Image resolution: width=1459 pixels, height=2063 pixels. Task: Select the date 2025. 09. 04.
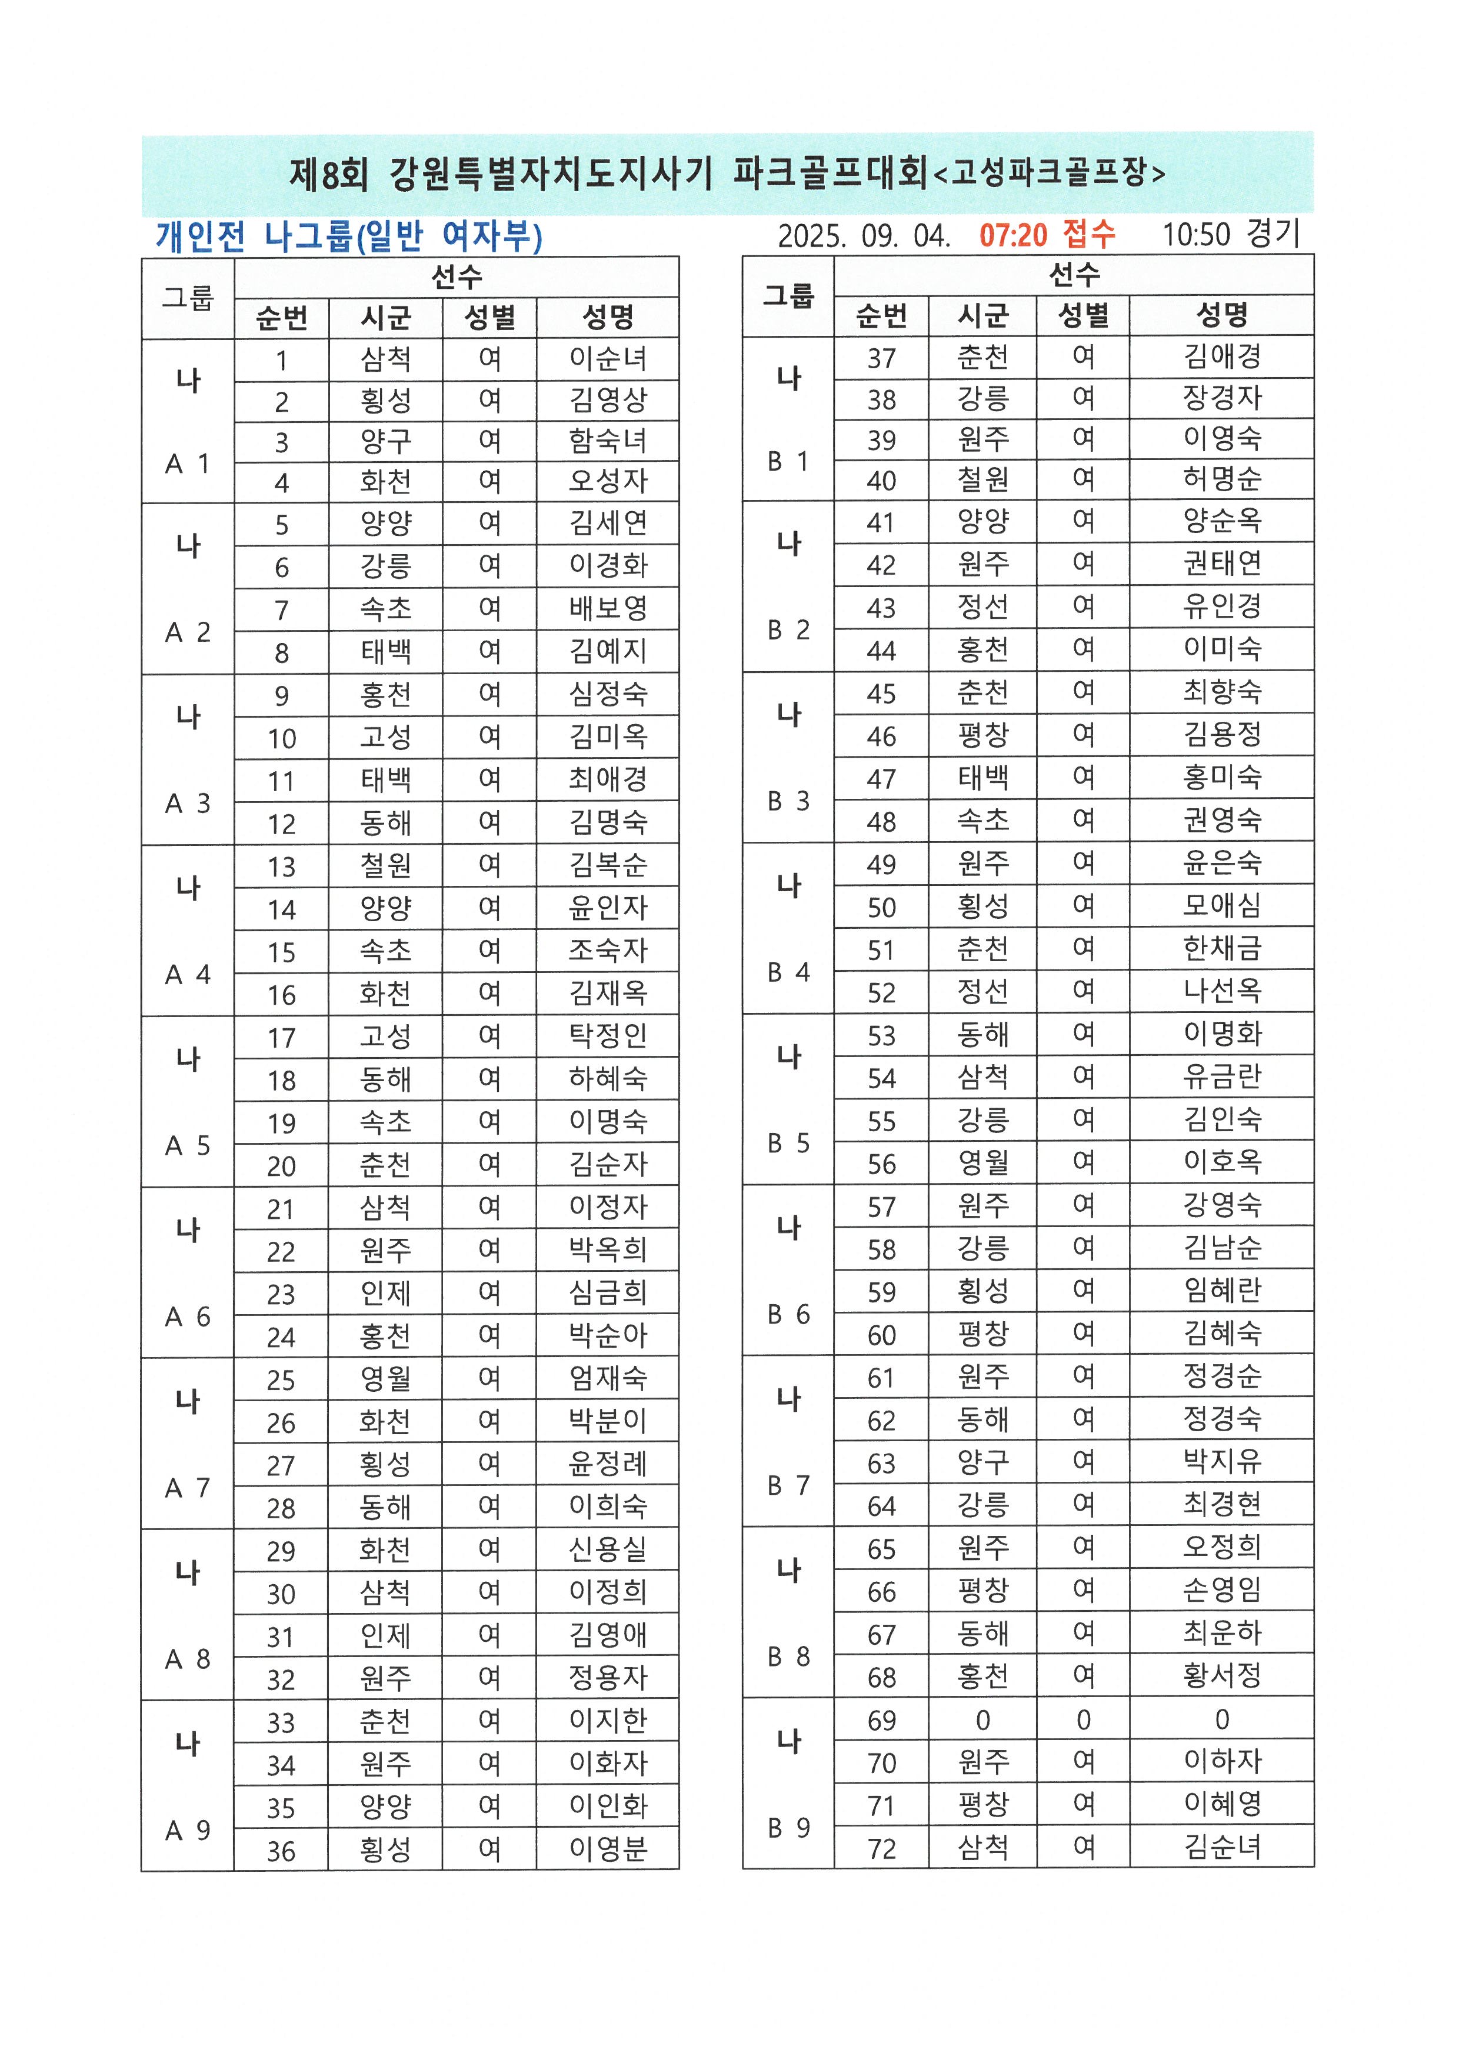pyautogui.click(x=864, y=236)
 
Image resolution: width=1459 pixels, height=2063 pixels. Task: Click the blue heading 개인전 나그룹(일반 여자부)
pyautogui.click(x=349, y=236)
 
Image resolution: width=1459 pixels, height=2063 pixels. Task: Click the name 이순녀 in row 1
pyautogui.click(x=608, y=359)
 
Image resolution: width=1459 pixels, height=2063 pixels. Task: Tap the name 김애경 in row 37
pyautogui.click(x=1222, y=356)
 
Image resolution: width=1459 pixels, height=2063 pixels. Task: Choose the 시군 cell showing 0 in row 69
pyautogui.click(x=983, y=1720)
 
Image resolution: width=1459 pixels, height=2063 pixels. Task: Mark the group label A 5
pyautogui.click(x=188, y=1145)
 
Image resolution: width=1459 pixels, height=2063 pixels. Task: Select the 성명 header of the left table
pyautogui.click(x=608, y=317)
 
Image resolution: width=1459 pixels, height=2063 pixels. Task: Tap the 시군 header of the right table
pyautogui.click(x=983, y=315)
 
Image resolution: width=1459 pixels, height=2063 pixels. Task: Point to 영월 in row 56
pyautogui.click(x=983, y=1163)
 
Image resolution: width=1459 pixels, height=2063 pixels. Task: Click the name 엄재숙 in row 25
pyautogui.click(x=608, y=1378)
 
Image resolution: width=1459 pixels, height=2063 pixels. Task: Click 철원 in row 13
pyautogui.click(x=385, y=865)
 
